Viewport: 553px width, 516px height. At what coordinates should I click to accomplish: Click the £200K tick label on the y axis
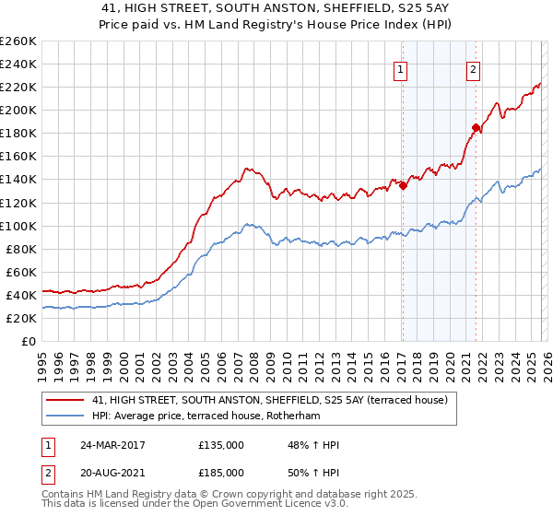point(18,110)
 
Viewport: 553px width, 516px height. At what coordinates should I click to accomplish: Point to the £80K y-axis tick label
point(20,249)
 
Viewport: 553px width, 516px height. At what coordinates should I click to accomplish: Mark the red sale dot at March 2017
point(403,185)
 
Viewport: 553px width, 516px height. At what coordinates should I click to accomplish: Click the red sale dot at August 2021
point(476,127)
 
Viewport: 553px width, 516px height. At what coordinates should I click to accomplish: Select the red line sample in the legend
point(66,400)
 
